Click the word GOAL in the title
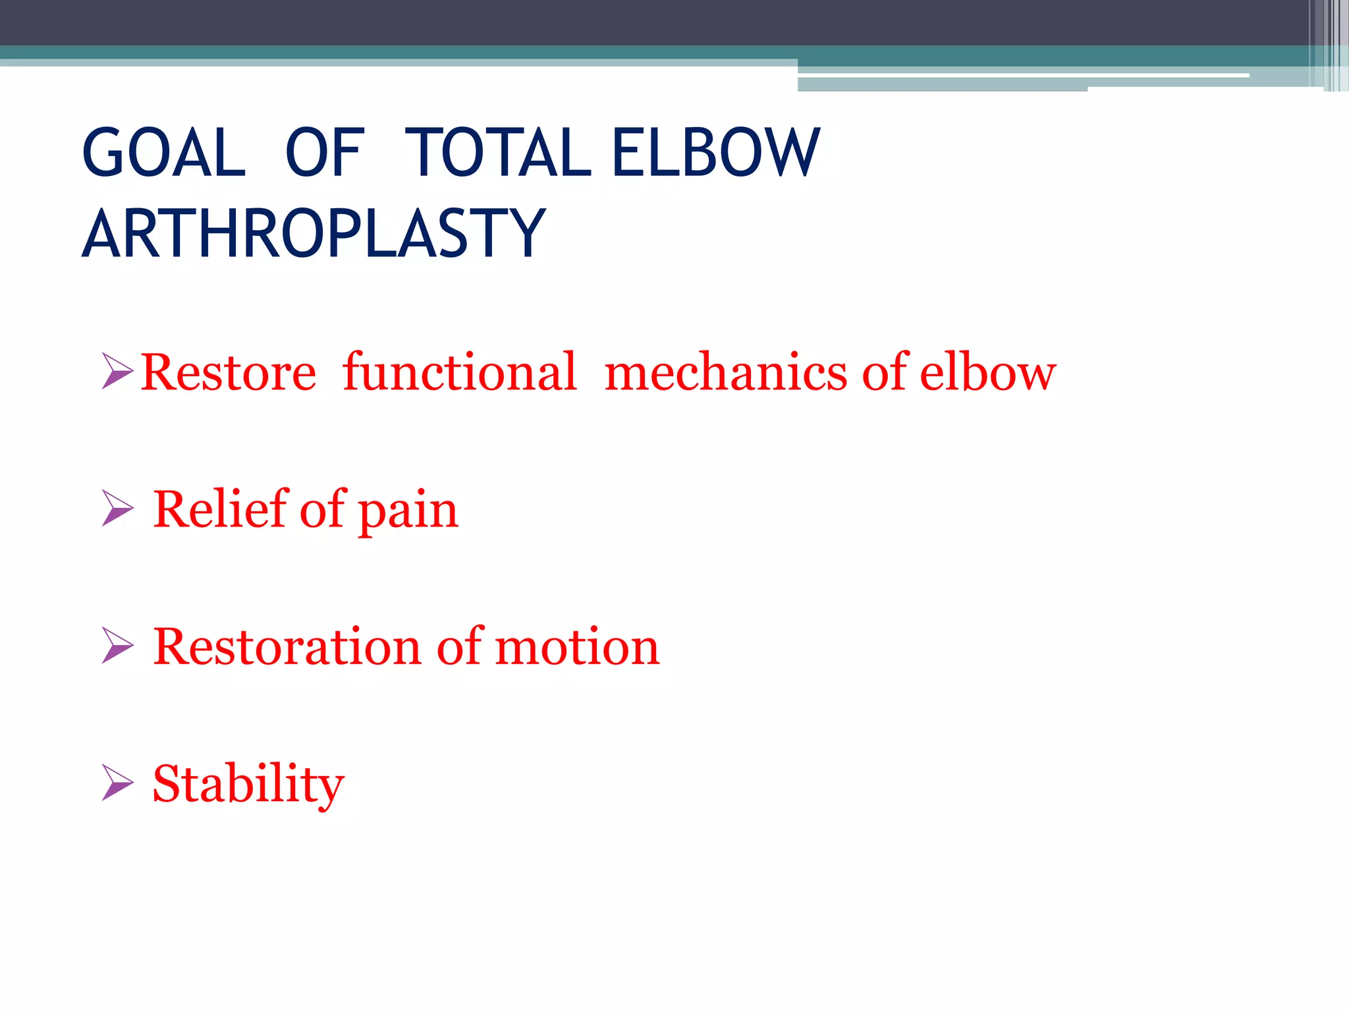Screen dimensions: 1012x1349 (164, 153)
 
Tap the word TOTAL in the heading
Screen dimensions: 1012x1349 (497, 153)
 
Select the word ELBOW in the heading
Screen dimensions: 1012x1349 (716, 153)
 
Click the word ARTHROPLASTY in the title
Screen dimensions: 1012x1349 (314, 233)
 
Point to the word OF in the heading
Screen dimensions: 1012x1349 (324, 153)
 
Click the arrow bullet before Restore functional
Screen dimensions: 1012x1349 (117, 371)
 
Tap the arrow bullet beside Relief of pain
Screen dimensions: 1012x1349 (117, 508)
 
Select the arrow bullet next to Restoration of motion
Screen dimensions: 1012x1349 (117, 645)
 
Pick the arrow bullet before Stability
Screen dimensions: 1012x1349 (117, 782)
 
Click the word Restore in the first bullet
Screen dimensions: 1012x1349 (228, 373)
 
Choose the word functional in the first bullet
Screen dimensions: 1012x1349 (459, 373)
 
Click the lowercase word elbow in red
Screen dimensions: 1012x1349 (987, 373)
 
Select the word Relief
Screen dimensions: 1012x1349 (220, 509)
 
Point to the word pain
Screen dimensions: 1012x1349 (408, 513)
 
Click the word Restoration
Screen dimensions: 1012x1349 (287, 646)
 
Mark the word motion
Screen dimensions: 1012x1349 (576, 646)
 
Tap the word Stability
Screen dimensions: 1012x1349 (248, 784)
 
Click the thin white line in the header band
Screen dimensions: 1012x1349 (1021, 75)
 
